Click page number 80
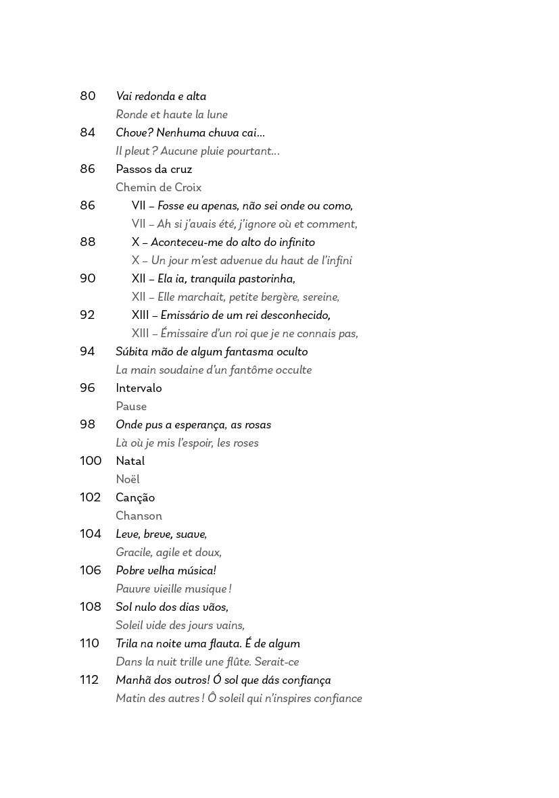coord(88,96)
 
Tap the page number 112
coord(89,680)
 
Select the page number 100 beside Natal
coord(90,461)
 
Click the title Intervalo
coord(139,388)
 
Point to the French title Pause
coord(131,406)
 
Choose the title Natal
coord(130,461)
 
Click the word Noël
coord(128,479)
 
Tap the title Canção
coord(135,498)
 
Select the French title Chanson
coord(139,516)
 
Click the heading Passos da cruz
coord(154,169)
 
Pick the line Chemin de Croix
coord(158,187)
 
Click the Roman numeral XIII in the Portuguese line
coord(140,315)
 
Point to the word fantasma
coord(243,351)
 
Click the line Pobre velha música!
coord(166,570)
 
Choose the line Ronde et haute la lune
coord(172,114)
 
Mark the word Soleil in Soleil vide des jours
coord(130,625)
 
